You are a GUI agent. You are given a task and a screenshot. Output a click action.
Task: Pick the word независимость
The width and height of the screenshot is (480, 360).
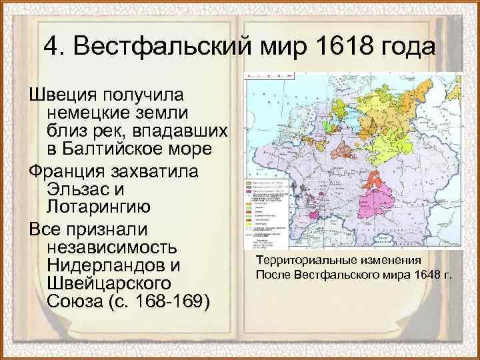coord(112,248)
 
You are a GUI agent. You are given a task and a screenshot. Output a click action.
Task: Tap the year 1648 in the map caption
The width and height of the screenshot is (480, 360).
coord(417,274)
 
